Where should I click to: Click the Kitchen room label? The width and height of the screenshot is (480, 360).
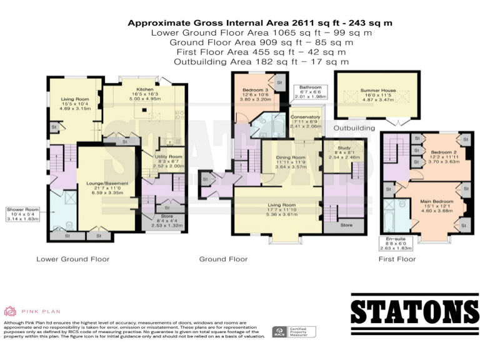point(145,90)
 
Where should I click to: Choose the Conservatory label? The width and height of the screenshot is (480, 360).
point(304,117)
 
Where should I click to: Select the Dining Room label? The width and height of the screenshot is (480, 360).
point(291,157)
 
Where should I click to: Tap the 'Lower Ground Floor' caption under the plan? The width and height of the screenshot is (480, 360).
point(72,259)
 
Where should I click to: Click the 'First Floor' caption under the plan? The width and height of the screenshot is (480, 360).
point(397,259)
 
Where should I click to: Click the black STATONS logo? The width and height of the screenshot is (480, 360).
point(414,311)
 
